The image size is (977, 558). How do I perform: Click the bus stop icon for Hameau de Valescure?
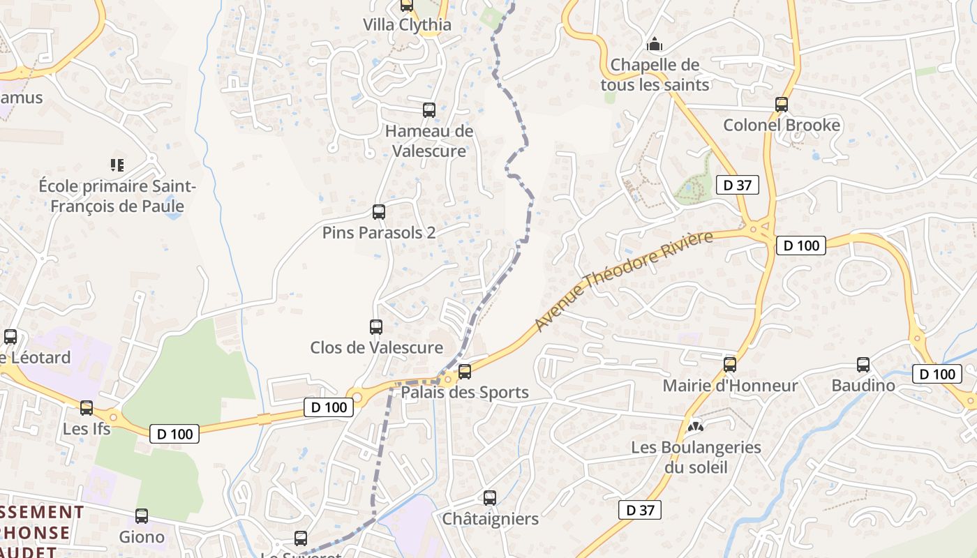(x=429, y=110)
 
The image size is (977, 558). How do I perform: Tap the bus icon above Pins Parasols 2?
(x=379, y=212)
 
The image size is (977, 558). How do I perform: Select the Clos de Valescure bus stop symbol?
(x=376, y=326)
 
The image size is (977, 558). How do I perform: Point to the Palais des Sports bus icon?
(x=465, y=372)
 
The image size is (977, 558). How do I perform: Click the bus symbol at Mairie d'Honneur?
(x=730, y=365)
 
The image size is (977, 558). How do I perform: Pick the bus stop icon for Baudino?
(x=863, y=365)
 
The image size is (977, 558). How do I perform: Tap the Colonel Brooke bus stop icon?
(x=782, y=105)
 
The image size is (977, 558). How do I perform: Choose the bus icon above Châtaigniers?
(x=490, y=498)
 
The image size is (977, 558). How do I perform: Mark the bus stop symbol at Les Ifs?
(x=87, y=408)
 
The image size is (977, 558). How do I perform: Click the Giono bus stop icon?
(x=142, y=516)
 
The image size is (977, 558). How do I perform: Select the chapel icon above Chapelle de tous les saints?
(x=655, y=45)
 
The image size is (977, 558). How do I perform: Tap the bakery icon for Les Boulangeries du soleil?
(x=695, y=425)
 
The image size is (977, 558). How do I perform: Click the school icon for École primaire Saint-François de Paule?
(x=117, y=165)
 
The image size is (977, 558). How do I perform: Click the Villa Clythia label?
(x=407, y=25)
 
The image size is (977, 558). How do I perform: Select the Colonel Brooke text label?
(x=782, y=126)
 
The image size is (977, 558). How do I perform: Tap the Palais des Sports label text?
(x=465, y=393)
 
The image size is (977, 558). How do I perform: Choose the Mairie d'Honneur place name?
(x=730, y=386)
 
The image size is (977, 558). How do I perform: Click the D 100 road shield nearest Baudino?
(x=937, y=374)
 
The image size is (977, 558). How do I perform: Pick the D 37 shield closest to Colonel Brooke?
(x=737, y=185)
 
